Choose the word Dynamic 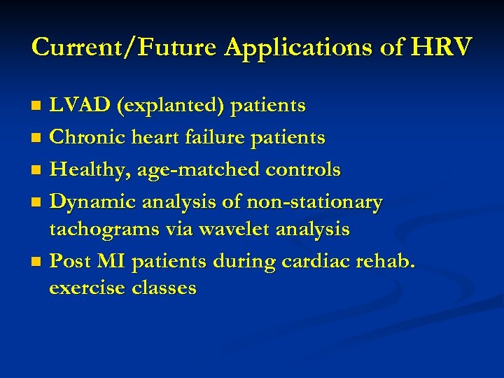94,202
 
